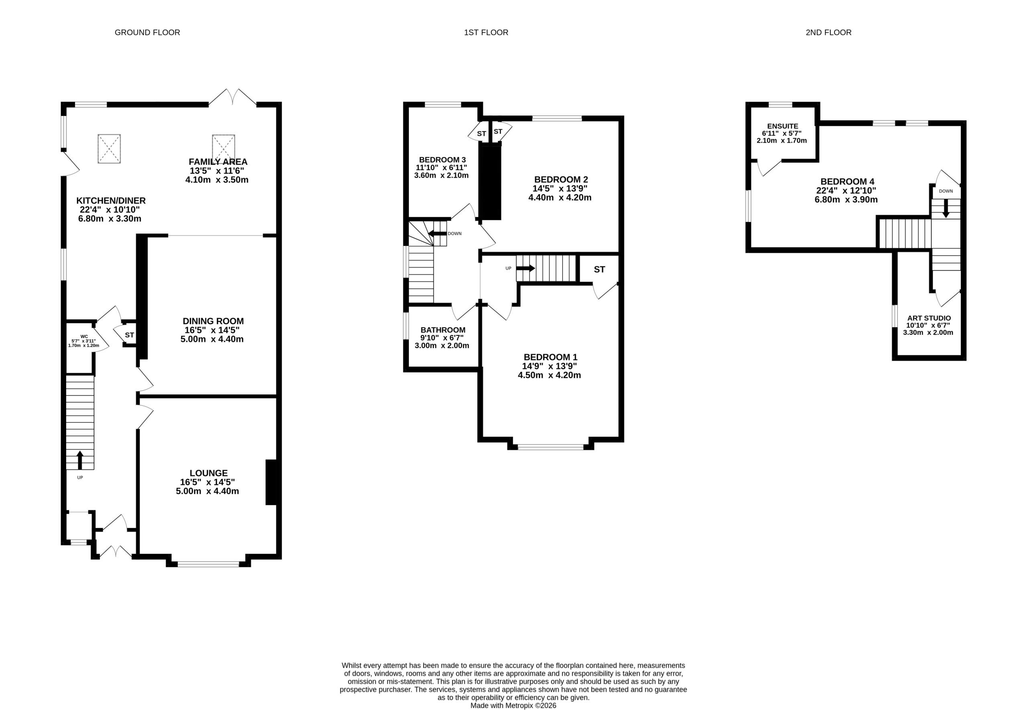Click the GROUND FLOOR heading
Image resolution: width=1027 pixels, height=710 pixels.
point(147,32)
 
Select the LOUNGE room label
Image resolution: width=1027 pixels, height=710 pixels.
point(209,473)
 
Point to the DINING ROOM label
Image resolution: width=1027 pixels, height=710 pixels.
point(213,321)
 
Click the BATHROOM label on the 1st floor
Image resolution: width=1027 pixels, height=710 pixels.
point(443,330)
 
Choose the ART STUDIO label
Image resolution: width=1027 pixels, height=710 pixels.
point(929,318)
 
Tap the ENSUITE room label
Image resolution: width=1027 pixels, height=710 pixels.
point(783,126)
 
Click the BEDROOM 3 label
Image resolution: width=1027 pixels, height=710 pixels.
point(442,160)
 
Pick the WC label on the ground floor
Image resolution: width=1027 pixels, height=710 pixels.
point(84,336)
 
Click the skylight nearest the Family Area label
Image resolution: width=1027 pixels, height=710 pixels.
point(223,148)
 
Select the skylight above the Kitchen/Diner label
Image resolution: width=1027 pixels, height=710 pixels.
point(109,148)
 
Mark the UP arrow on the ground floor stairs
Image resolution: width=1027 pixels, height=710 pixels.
point(80,460)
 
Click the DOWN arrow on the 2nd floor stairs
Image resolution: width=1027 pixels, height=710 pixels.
point(946,208)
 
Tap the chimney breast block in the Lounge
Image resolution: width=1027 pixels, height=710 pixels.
point(271,482)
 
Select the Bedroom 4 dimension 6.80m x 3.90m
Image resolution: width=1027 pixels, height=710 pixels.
point(846,200)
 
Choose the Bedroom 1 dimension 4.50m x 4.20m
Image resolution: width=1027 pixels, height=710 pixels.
point(549,375)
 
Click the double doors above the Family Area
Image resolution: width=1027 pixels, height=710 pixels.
point(233,97)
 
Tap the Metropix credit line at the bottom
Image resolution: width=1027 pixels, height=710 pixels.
point(513,706)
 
